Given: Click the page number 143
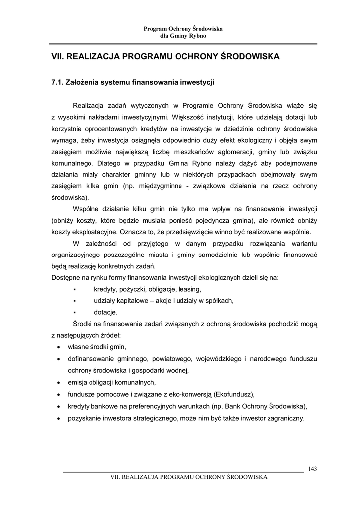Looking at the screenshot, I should point(313,468).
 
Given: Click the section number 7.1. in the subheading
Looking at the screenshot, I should point(60,82).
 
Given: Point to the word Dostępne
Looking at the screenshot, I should point(67,277).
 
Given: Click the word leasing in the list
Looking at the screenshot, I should point(189,289).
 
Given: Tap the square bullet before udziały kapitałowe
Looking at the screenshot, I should point(74,301).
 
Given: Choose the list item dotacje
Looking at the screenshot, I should point(106,312).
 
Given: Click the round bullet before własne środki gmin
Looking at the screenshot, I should point(59,347).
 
